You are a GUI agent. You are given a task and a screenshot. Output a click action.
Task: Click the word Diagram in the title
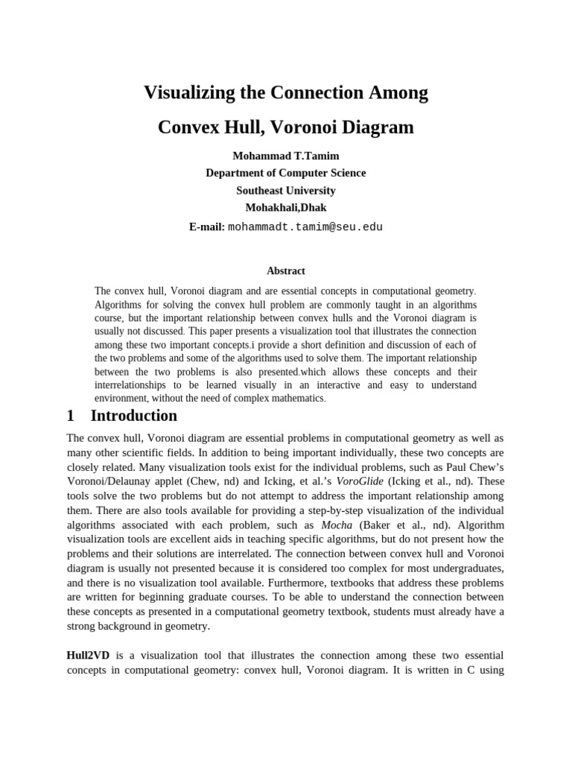click(376, 127)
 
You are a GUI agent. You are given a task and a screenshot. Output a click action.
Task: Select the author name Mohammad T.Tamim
click(286, 156)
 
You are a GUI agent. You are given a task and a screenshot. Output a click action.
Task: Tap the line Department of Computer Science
click(286, 173)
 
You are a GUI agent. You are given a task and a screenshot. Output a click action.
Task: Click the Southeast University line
click(286, 190)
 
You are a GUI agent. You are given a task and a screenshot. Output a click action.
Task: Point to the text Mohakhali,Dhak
click(286, 207)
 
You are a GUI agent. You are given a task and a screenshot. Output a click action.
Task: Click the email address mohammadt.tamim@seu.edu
click(305, 227)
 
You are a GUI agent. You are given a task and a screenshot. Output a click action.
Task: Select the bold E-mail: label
click(206, 227)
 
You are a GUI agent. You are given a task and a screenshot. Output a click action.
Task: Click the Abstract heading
click(286, 271)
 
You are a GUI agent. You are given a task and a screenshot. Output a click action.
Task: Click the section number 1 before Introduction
click(71, 416)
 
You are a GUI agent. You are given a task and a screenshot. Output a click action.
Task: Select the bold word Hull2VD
click(88, 655)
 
